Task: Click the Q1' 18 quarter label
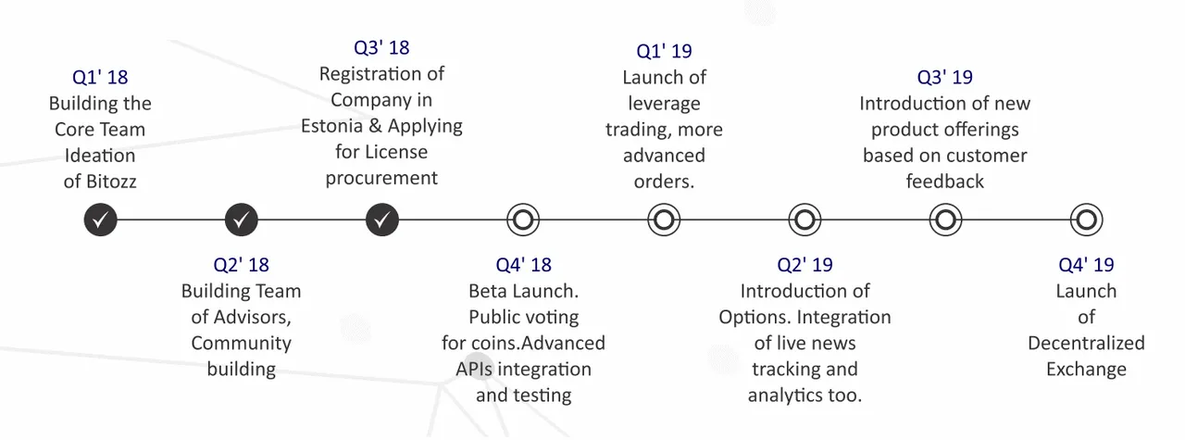[x=100, y=77]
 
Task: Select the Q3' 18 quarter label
[x=381, y=47]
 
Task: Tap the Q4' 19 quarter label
[x=1086, y=265]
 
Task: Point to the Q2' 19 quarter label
[x=805, y=265]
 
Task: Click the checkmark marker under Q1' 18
[x=101, y=220]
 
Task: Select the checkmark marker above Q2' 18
[x=242, y=220]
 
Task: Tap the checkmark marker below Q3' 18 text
[x=382, y=220]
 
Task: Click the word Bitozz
[x=111, y=182]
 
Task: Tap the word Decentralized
[x=1086, y=343]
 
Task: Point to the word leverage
[x=664, y=104]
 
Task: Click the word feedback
[x=945, y=182]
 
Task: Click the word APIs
[x=474, y=369]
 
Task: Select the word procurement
[x=381, y=179]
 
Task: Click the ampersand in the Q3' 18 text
[x=375, y=126]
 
